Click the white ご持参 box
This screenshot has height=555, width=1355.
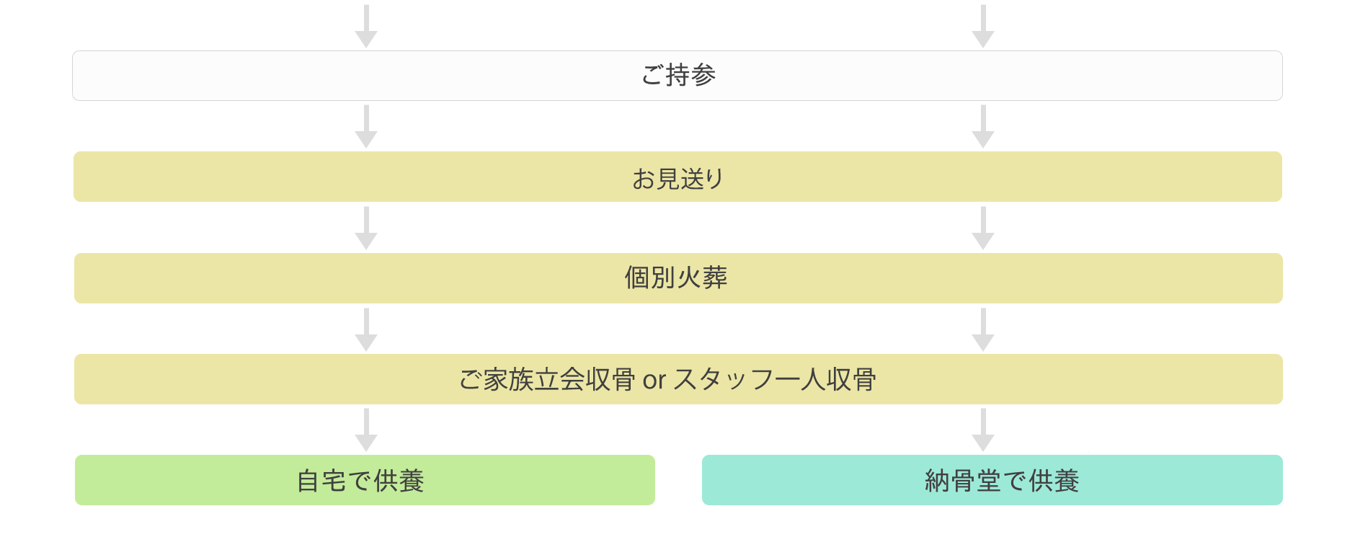[x=677, y=76]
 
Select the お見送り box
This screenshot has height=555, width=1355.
[x=677, y=177]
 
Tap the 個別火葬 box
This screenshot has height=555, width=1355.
[x=678, y=278]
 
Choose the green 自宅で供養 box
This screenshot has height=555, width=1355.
[x=365, y=480]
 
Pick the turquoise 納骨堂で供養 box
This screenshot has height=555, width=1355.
[x=992, y=480]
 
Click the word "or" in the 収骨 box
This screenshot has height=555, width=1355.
[x=654, y=380]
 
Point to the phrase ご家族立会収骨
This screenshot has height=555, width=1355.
[x=547, y=379]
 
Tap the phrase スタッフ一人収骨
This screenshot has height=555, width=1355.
[x=775, y=379]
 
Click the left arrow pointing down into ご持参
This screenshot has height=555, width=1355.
[x=366, y=26]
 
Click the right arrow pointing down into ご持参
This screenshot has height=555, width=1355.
[x=983, y=26]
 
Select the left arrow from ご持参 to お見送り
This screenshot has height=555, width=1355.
[x=366, y=127]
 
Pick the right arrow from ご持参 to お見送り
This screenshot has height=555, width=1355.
[x=983, y=127]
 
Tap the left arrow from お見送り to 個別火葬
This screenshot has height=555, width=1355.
[x=366, y=228]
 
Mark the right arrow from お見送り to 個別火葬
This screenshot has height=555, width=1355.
[x=983, y=228]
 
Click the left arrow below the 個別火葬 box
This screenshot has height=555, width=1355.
[x=366, y=330]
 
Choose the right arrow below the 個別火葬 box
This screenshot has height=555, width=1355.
[x=983, y=330]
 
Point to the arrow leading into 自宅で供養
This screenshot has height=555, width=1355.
[x=366, y=430]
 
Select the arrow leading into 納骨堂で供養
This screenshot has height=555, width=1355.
[x=983, y=430]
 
